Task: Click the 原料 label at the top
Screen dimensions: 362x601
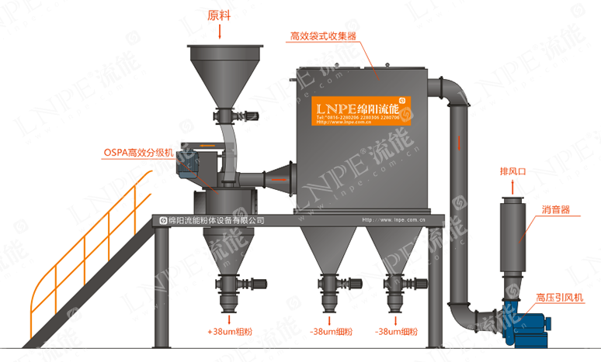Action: [221, 15]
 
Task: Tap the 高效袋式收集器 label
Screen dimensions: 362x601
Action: [322, 36]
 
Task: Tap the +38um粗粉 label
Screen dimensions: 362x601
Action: [230, 331]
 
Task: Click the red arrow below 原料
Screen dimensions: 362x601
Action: [221, 31]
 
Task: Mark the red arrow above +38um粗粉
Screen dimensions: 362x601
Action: [230, 317]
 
